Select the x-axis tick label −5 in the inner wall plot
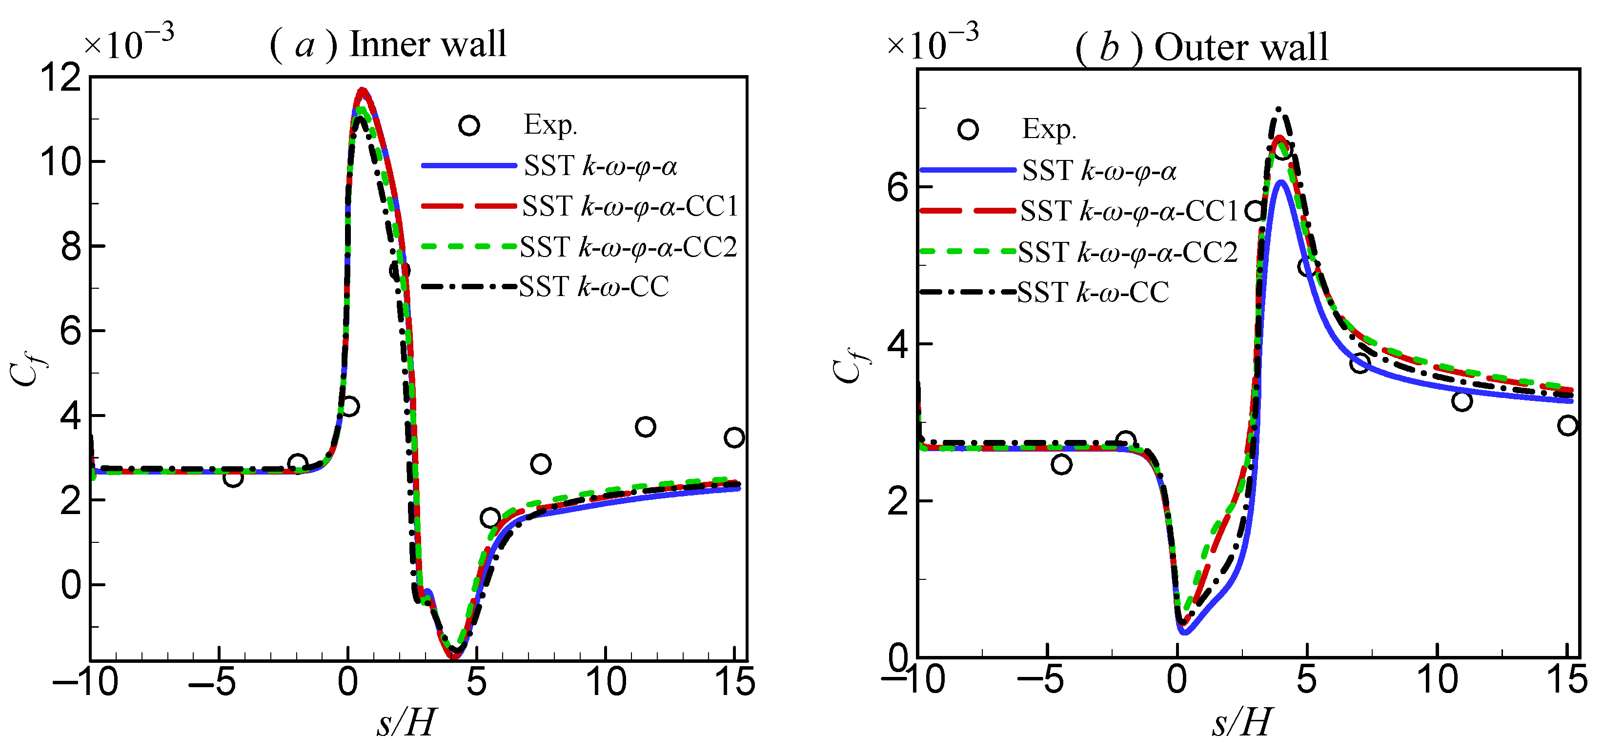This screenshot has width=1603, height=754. (212, 682)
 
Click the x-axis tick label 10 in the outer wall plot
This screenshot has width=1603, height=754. (1437, 680)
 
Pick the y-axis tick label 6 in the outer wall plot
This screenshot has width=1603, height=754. (898, 187)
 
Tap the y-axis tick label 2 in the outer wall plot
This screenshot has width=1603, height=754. (898, 501)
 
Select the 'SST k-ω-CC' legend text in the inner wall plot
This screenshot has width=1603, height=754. (594, 287)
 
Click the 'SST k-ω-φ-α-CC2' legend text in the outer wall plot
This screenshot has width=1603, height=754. (1128, 253)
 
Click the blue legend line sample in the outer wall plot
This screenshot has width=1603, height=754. (968, 170)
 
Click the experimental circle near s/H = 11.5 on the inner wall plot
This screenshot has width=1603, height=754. (645, 427)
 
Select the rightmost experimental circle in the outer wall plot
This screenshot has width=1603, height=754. (1567, 425)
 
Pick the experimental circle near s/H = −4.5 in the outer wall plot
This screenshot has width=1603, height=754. (1061, 464)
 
